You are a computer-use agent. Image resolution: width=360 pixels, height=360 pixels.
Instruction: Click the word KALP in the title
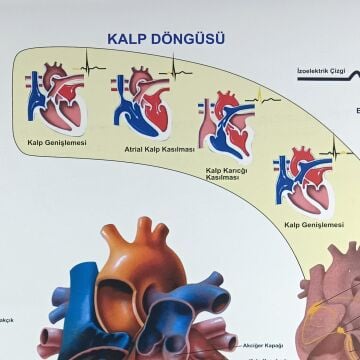(x=129, y=39)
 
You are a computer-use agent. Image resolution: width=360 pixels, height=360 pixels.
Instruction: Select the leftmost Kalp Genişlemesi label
(x=56, y=143)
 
